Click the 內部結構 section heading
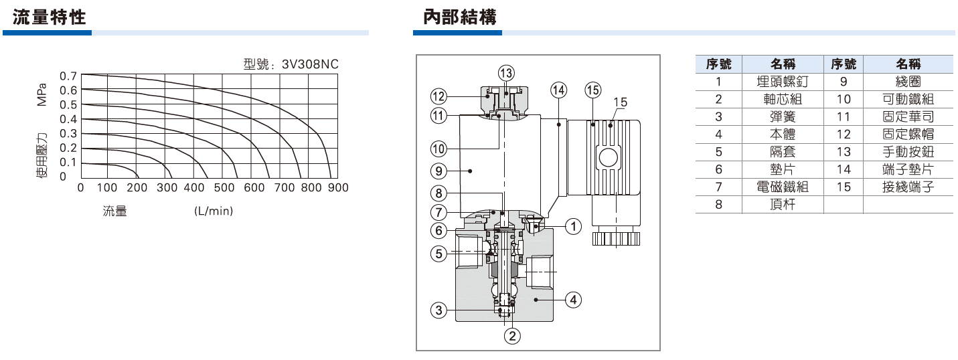pyautogui.click(x=460, y=16)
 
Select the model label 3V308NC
pyautogui.click(x=310, y=64)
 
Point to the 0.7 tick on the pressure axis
pyautogui.click(x=68, y=76)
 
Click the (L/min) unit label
pyautogui.click(x=214, y=211)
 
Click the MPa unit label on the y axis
pyautogui.click(x=42, y=94)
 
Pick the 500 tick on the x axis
pyautogui.click(x=224, y=188)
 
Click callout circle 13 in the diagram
pyautogui.click(x=506, y=72)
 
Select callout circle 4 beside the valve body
pyautogui.click(x=573, y=299)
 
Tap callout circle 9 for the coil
pyautogui.click(x=438, y=171)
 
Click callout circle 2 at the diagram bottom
pyautogui.click(x=511, y=336)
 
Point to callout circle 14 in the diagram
pyautogui.click(x=558, y=89)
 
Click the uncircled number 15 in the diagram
pyautogui.click(x=620, y=102)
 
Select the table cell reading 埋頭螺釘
pyautogui.click(x=783, y=82)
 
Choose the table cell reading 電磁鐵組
pyautogui.click(x=783, y=187)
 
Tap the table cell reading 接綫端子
pyautogui.click(x=908, y=187)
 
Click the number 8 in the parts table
pyautogui.click(x=719, y=205)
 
